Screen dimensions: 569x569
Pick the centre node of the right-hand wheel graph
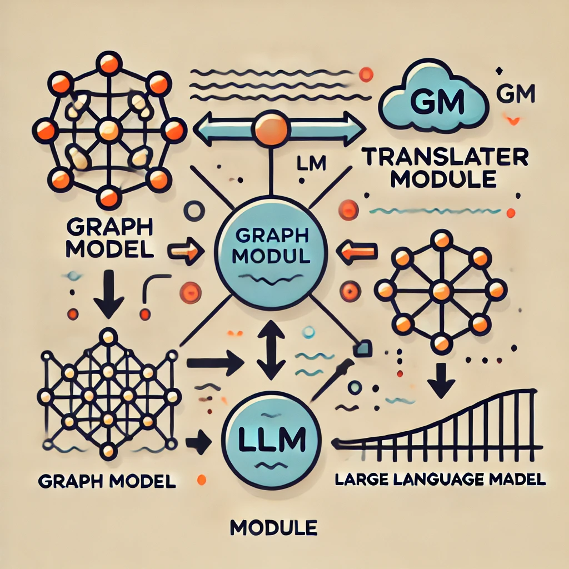pyautogui.click(x=441, y=290)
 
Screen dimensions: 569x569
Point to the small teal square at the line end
pyautogui.click(x=363, y=348)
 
